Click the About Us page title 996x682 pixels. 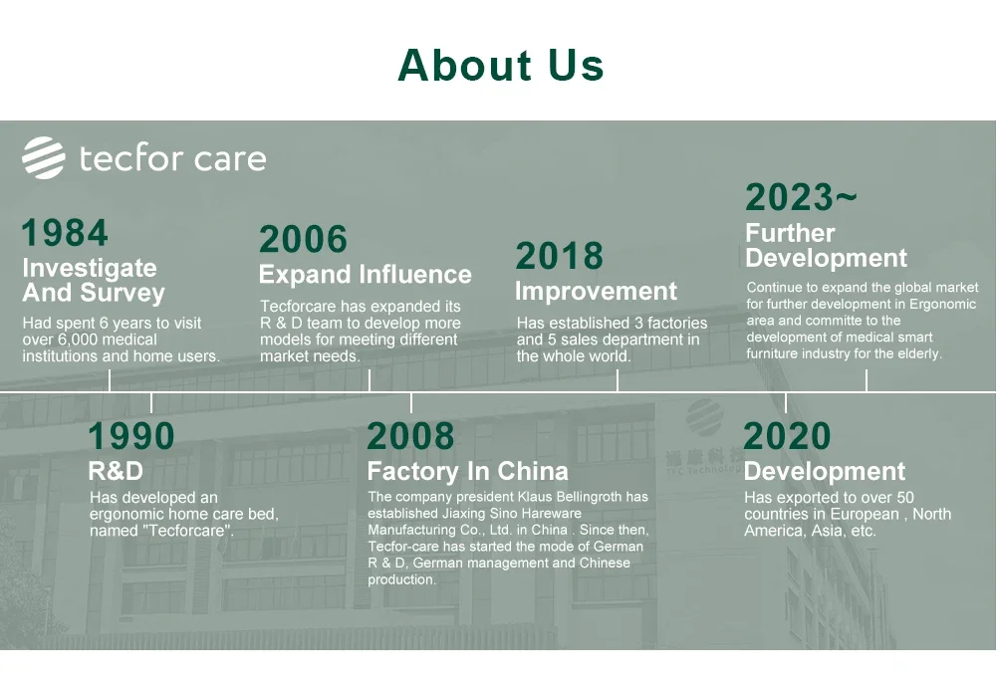[x=501, y=66]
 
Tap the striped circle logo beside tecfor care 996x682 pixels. [x=44, y=157]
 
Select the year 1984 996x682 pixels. [x=65, y=232]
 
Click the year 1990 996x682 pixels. [x=130, y=436]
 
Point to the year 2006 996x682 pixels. [x=303, y=239]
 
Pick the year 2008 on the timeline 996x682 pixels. [x=410, y=436]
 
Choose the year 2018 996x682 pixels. [x=559, y=256]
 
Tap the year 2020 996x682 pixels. [x=787, y=436]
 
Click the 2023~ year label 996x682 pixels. [x=801, y=197]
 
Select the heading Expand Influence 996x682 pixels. [x=366, y=275]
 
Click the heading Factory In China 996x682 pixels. [x=467, y=471]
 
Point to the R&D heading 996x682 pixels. [x=116, y=471]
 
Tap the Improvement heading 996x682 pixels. [x=596, y=291]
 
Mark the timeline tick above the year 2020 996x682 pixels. [x=786, y=403]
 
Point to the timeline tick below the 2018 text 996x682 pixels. [x=618, y=381]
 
